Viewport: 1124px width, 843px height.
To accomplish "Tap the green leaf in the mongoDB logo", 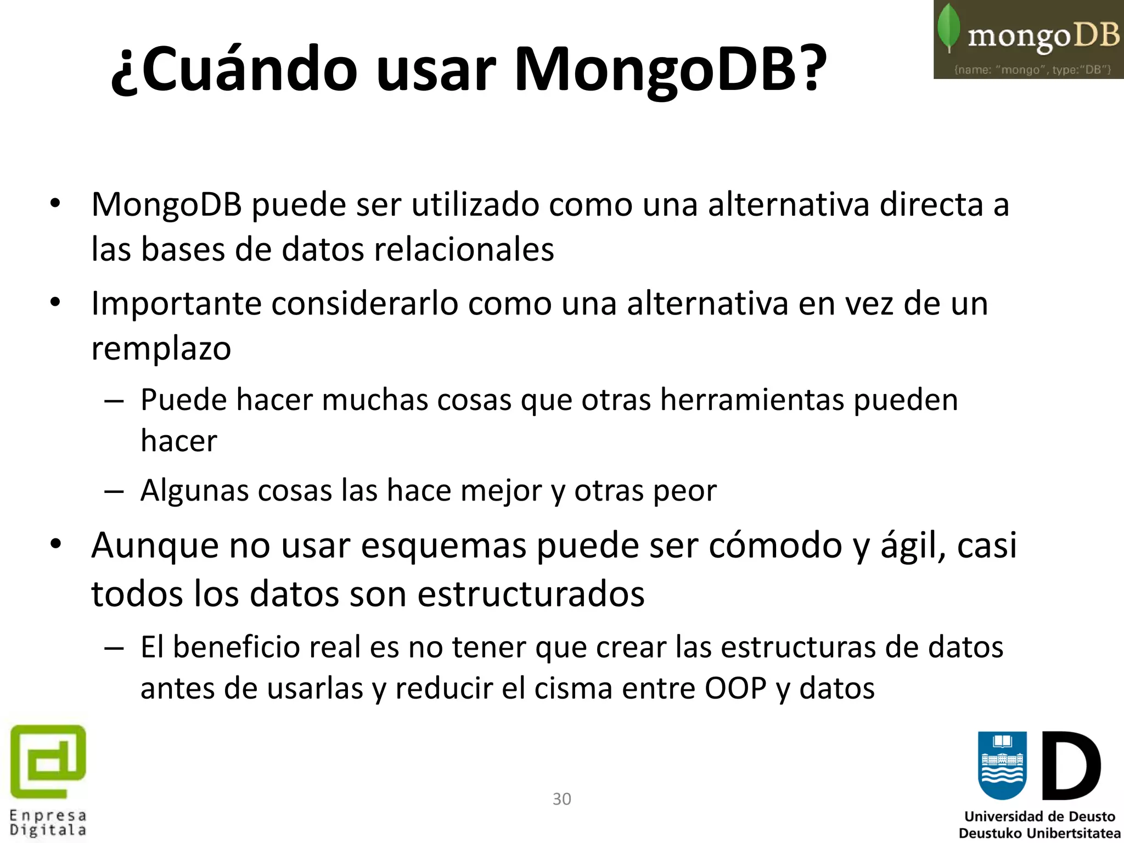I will tap(948, 27).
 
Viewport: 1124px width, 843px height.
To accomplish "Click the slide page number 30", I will tap(561, 799).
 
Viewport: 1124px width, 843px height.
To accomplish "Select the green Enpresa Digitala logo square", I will tap(48, 762).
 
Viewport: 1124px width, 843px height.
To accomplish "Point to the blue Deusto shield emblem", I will tap(1002, 765).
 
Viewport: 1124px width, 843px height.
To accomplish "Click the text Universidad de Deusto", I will tap(1039, 817).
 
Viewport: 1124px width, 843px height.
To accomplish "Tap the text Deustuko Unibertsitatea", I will tap(1039, 833).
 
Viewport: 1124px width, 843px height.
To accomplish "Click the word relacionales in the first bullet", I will tap(464, 250).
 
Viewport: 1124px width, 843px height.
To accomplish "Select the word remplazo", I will tap(161, 349).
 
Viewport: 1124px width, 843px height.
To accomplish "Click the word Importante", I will tap(176, 304).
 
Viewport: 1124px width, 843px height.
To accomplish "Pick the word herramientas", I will tap(751, 400).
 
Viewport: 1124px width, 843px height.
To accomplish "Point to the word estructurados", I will tap(531, 594).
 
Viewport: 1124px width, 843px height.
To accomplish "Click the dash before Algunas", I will tap(114, 491).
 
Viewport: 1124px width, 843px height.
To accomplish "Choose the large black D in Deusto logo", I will tap(1071, 765).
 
